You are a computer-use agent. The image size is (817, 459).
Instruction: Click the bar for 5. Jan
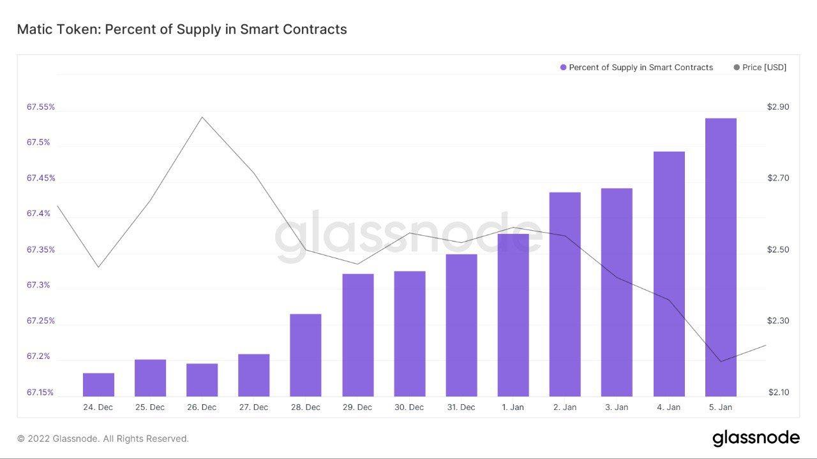721,258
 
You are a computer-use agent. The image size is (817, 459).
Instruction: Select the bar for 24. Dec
98,384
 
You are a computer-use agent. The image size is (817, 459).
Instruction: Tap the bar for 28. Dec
306,355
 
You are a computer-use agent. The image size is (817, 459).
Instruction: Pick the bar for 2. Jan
565,294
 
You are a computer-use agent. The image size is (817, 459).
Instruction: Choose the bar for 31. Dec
461,325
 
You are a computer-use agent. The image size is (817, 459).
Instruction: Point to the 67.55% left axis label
41,107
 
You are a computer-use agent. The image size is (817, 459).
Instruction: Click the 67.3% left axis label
38,285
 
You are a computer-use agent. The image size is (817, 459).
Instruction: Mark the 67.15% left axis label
41,392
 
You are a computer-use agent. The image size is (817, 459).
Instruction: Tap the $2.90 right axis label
778,107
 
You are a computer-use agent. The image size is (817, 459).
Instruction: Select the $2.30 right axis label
778,321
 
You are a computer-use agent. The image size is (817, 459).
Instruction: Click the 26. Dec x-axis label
202,407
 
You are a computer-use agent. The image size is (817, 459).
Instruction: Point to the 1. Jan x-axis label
513,407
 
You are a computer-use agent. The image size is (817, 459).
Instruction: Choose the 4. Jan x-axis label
668,407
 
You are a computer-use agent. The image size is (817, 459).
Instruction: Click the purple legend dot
563,68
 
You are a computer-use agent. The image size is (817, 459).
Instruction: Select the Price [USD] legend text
764,68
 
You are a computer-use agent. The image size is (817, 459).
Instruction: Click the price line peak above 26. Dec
202,117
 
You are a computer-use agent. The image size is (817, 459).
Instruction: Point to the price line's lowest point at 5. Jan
721,361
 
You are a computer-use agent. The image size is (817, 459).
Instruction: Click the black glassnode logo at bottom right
756,438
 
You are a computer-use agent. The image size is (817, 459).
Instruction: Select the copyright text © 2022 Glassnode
103,439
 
